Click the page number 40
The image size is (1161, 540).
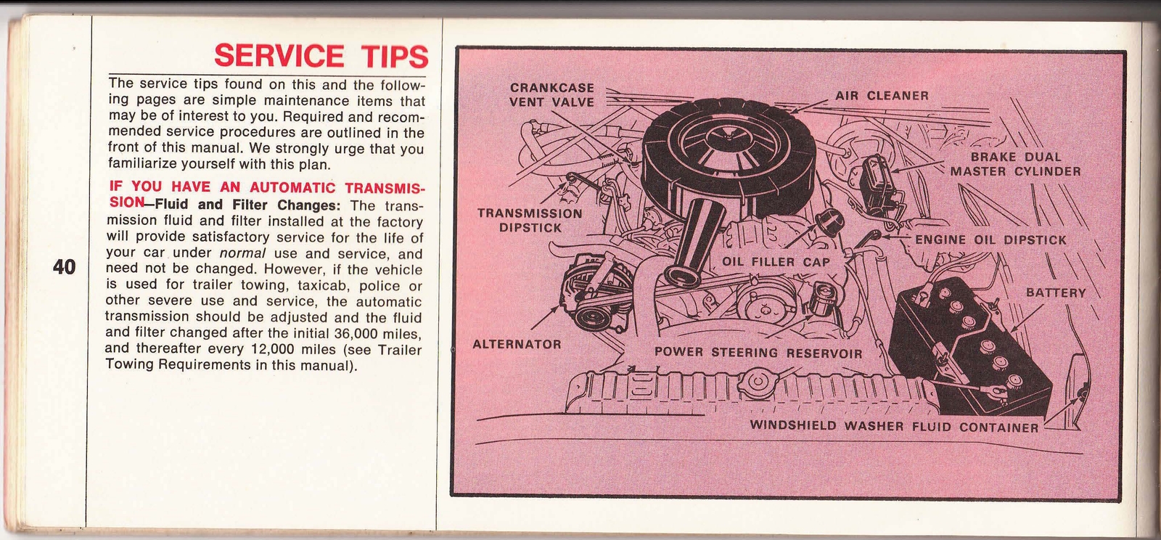click(x=65, y=267)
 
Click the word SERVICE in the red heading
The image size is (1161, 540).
click(x=279, y=56)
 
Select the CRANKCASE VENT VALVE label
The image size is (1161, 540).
click(x=551, y=95)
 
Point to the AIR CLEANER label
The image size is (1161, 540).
click(x=882, y=96)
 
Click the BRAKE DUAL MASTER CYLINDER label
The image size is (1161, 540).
click(x=1016, y=164)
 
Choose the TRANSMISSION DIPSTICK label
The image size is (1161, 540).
click(x=530, y=221)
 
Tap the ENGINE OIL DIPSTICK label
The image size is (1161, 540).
click(x=991, y=240)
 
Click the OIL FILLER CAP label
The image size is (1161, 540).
click(x=776, y=262)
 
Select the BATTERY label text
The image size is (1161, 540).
click(x=1056, y=293)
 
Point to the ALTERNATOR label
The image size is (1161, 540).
click(x=517, y=345)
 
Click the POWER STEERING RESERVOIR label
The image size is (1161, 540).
click(x=758, y=353)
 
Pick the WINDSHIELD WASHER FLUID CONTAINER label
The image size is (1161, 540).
click(x=894, y=427)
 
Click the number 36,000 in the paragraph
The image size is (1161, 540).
click(x=358, y=332)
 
